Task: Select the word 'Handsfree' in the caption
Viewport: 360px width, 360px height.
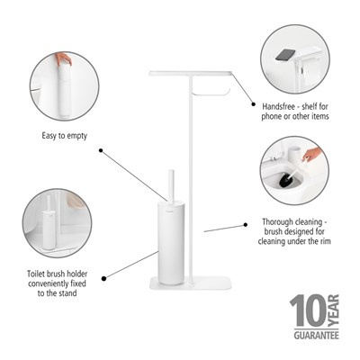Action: [275, 106]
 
